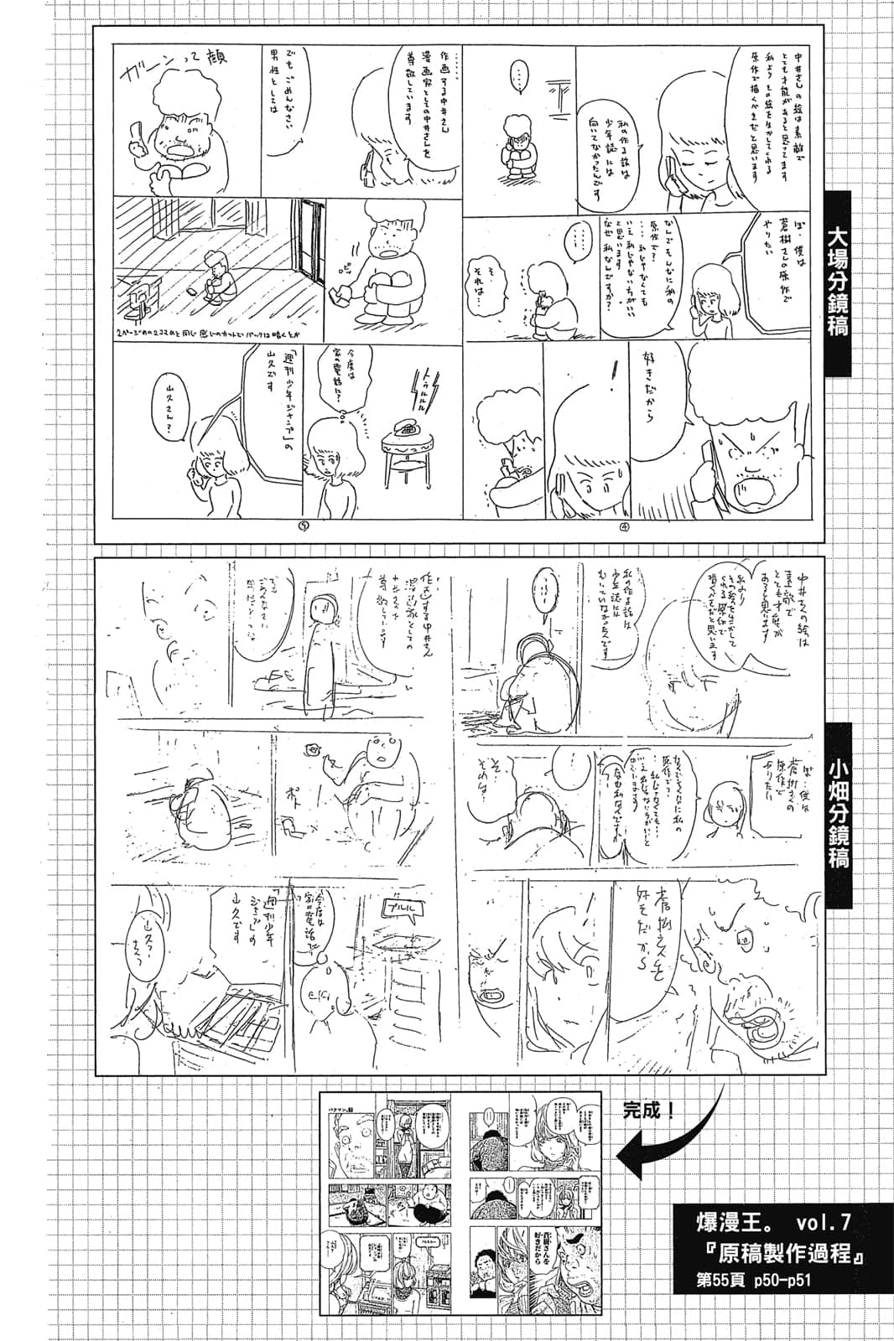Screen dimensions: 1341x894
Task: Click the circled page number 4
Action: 625,527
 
